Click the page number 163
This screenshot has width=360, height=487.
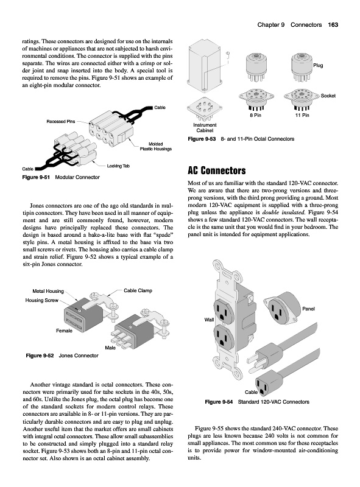click(333, 25)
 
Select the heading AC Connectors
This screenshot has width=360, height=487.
click(217, 170)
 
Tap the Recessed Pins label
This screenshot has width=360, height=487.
click(61, 121)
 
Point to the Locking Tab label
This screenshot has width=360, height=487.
click(118, 166)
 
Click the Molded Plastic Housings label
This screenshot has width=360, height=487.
click(155, 146)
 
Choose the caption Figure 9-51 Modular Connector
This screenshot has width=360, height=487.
click(61, 177)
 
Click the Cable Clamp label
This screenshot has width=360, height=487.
click(138, 291)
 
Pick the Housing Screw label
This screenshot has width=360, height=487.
click(41, 300)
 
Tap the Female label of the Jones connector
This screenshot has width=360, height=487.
click(64, 331)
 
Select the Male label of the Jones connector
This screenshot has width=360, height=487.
click(110, 348)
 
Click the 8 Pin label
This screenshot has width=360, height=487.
click(256, 115)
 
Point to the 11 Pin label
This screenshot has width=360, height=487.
click(302, 115)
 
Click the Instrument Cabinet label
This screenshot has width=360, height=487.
click(205, 128)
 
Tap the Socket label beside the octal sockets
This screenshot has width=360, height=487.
click(328, 96)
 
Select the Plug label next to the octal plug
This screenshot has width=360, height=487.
click(318, 66)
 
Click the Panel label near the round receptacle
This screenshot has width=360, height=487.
click(308, 309)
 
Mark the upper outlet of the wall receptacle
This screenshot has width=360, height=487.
click(224, 311)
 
